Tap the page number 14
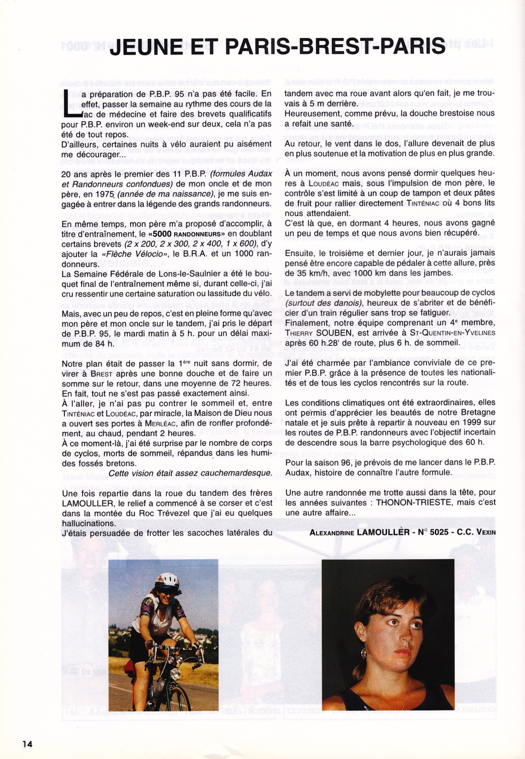tap(27, 744)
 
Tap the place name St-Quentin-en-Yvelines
tap(452, 333)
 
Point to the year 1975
tap(105, 194)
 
